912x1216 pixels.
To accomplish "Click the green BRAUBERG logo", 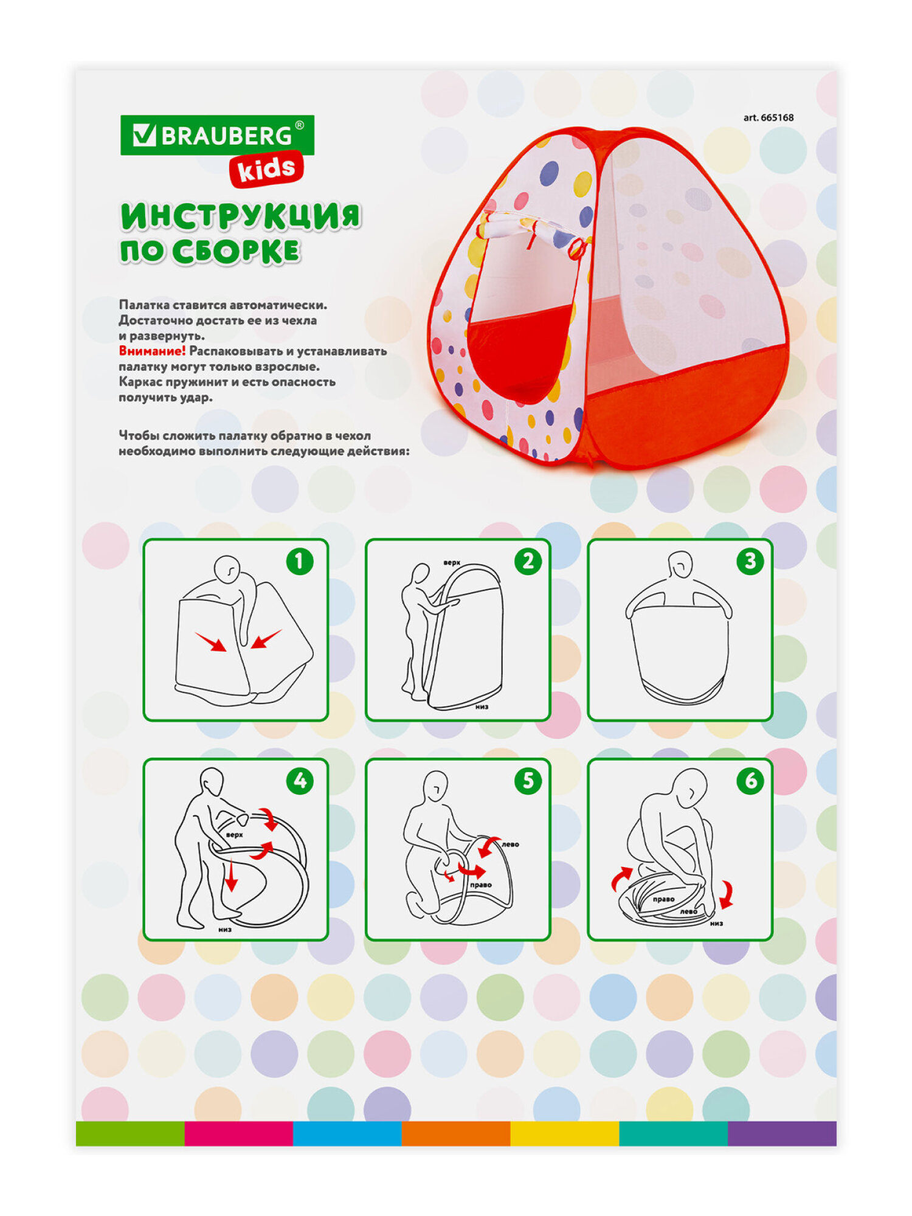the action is (x=217, y=135).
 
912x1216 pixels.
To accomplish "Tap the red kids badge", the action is (x=266, y=168).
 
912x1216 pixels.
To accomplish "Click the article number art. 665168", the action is (x=769, y=117).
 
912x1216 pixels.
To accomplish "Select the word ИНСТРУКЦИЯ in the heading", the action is (x=241, y=216).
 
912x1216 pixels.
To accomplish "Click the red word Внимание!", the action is (x=152, y=351).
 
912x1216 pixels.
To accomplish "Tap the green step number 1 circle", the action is (x=300, y=561).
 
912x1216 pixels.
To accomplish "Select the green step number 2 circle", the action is (x=528, y=561).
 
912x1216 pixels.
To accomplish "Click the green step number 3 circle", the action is (x=750, y=561).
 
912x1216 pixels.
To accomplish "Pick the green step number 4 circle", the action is (x=300, y=781).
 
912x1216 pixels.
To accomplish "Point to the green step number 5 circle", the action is (x=528, y=781).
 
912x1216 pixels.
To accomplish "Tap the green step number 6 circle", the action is (x=750, y=781).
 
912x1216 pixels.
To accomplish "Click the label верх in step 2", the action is (x=452, y=563).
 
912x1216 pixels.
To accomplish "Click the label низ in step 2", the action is (x=482, y=706).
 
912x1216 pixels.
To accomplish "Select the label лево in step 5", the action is (x=510, y=844).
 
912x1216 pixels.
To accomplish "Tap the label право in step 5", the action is (x=480, y=885).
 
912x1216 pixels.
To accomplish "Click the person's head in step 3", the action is (x=680, y=564).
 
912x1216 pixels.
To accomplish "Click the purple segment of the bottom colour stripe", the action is (x=782, y=1133).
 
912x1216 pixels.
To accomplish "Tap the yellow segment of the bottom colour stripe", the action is (x=565, y=1133).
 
